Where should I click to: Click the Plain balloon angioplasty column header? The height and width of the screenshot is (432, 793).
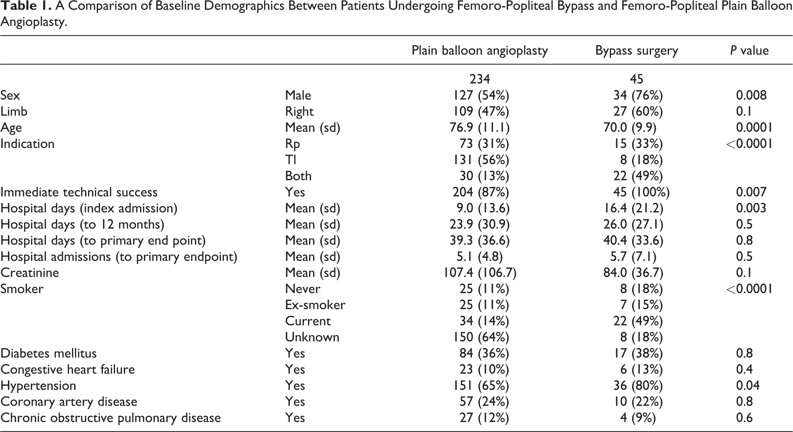click(480, 51)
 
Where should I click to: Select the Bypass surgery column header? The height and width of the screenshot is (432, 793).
click(637, 51)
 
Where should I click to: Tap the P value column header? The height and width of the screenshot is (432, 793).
click(749, 50)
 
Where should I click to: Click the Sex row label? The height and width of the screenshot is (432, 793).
click(10, 95)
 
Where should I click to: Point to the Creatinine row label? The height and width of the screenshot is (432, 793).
click(30, 273)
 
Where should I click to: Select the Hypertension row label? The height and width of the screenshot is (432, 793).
click(38, 386)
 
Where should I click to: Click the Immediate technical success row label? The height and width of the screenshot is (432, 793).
click(79, 192)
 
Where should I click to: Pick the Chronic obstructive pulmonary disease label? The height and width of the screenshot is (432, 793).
click(111, 418)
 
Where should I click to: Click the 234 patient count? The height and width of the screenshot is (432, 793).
click(480, 79)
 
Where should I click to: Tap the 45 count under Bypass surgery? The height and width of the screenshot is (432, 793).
click(637, 79)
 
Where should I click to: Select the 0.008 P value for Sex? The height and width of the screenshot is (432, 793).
click(751, 95)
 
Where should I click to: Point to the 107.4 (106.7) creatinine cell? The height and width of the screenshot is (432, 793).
click(480, 273)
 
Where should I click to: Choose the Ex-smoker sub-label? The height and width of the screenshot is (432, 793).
click(315, 305)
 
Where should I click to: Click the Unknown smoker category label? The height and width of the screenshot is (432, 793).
click(312, 337)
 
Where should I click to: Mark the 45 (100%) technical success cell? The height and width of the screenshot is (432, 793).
click(641, 192)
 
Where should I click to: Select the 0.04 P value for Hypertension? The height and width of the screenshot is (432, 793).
click(748, 386)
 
